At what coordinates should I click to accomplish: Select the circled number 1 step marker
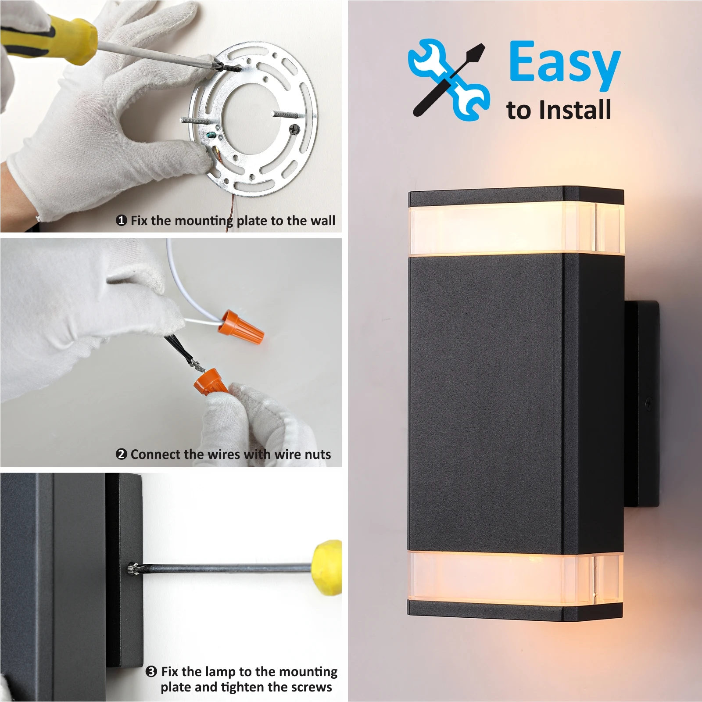[x=122, y=220]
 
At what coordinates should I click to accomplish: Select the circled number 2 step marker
[x=122, y=454]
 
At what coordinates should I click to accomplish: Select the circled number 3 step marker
[x=151, y=672]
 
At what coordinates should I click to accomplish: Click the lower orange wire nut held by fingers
[x=210, y=383]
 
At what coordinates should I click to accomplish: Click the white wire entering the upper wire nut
[x=202, y=322]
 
